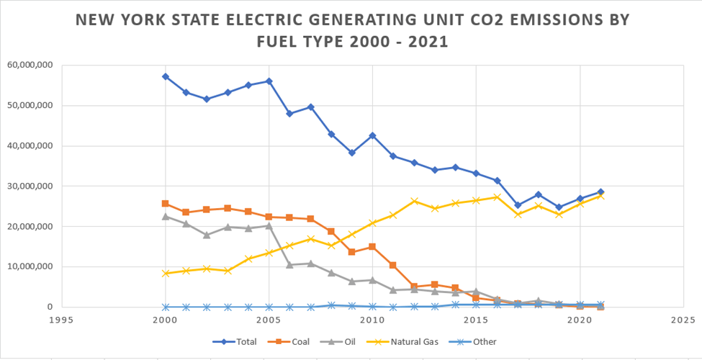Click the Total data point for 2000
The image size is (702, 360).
pos(166,76)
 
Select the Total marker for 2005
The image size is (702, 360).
pos(269,81)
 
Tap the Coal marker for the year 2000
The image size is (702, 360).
pos(166,204)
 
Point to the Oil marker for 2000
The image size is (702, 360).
pos(166,216)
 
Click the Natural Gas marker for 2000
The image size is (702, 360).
pos(166,274)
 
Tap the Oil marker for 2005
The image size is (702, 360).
pos(269,225)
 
